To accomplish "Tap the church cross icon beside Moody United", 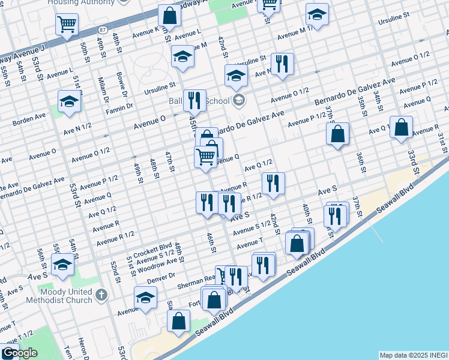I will (x=101, y=295).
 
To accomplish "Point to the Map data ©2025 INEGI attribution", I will (x=413, y=355).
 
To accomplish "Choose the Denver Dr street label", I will (x=160, y=276).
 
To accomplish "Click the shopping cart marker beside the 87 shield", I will (x=67, y=25).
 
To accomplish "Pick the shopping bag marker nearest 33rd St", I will (x=402, y=127).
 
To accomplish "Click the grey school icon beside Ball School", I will (x=239, y=100).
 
